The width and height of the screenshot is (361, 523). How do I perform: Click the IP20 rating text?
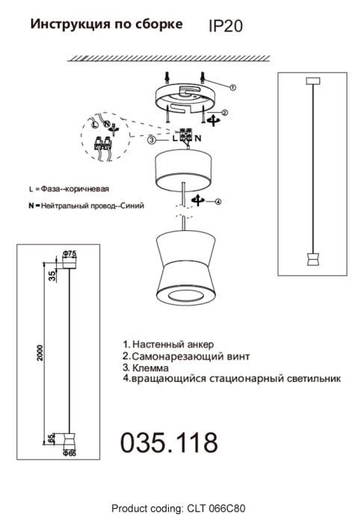(x=225, y=26)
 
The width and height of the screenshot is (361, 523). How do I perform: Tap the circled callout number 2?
(x=224, y=113)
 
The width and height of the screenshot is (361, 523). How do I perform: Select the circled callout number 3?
(x=152, y=140)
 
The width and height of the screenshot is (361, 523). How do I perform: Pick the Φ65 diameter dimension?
(x=70, y=452)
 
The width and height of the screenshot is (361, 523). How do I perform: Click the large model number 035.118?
(x=170, y=442)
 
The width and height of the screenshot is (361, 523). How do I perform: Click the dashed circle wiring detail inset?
(x=102, y=137)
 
